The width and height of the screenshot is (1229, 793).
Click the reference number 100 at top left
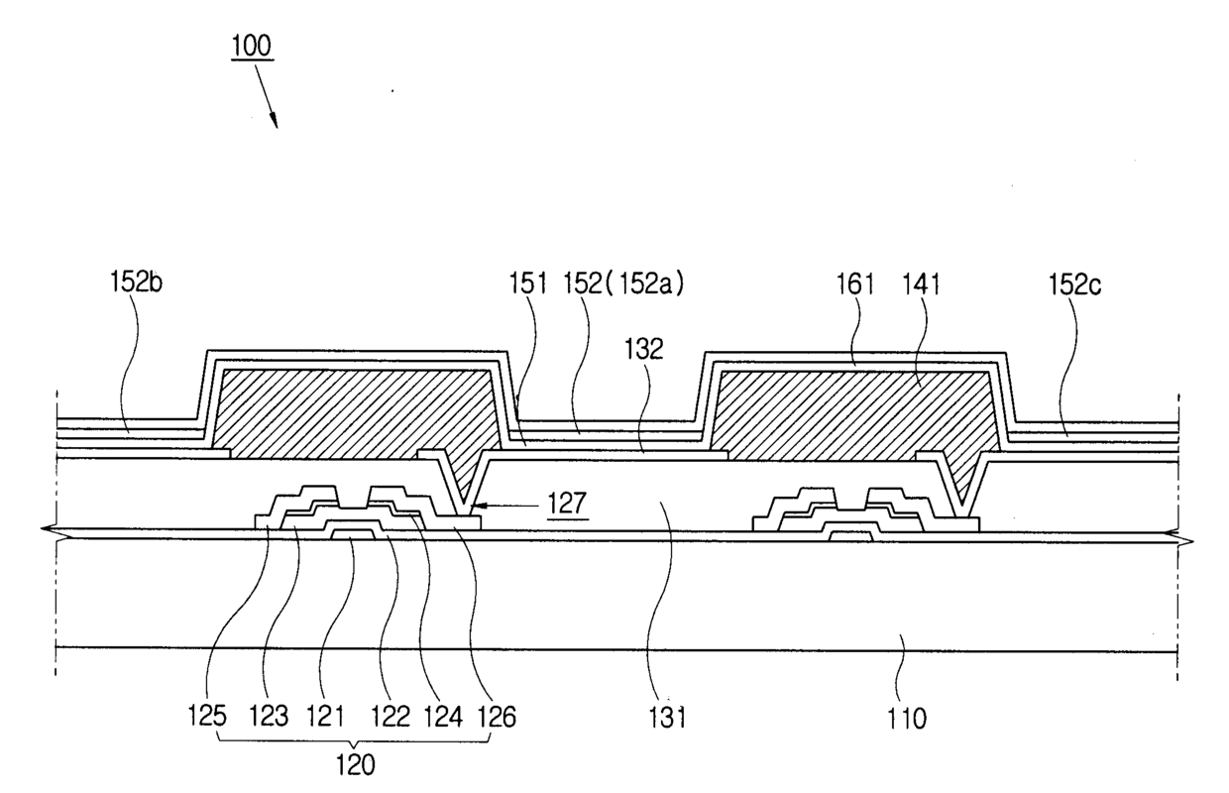point(255,47)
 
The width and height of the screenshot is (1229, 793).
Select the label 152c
point(1075,286)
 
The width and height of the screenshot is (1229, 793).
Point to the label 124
point(445,715)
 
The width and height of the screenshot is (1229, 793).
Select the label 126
point(497,715)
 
